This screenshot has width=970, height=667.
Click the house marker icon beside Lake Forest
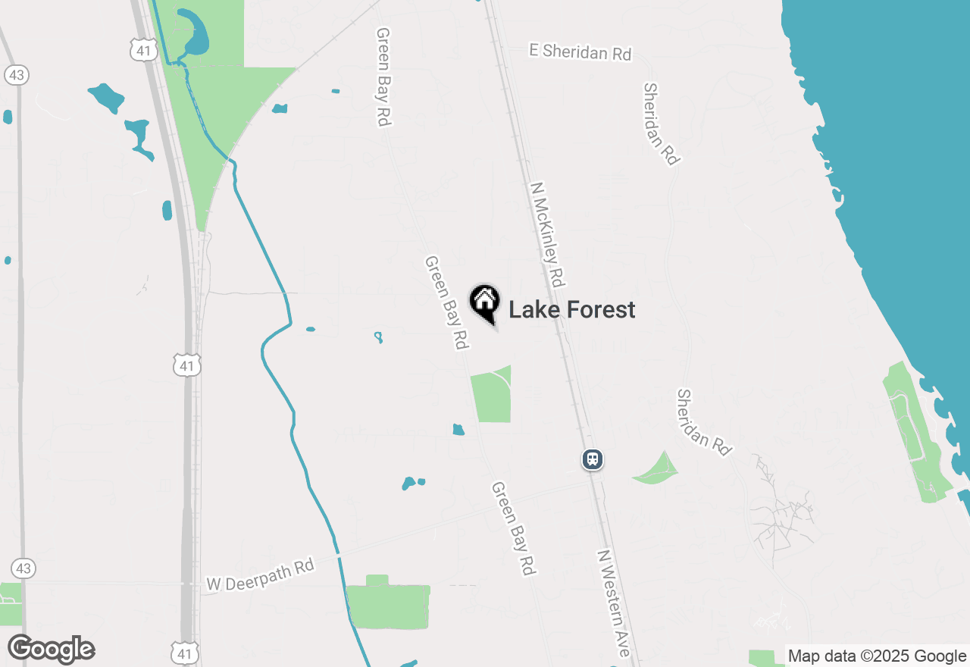pos(484,303)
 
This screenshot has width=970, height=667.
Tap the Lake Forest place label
pos(571,310)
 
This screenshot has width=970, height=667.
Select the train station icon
pos(593,459)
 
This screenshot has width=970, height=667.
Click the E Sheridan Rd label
pos(580,52)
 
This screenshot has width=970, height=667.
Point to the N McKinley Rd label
pos(549,234)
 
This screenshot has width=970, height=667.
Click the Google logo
pos(52,650)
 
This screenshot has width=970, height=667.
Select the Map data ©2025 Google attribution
pos(877,656)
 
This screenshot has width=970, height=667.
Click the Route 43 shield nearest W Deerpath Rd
pos(23,568)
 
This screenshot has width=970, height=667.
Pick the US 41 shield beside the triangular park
pos(144,51)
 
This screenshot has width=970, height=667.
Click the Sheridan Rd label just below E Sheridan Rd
pos(662,124)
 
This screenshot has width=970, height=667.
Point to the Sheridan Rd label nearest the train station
pos(704,422)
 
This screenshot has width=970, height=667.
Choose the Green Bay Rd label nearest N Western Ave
pos(513,528)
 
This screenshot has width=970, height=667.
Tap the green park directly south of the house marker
pos(491,396)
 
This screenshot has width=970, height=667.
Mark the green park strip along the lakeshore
pos(912,428)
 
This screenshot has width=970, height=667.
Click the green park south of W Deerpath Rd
pos(388,604)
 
